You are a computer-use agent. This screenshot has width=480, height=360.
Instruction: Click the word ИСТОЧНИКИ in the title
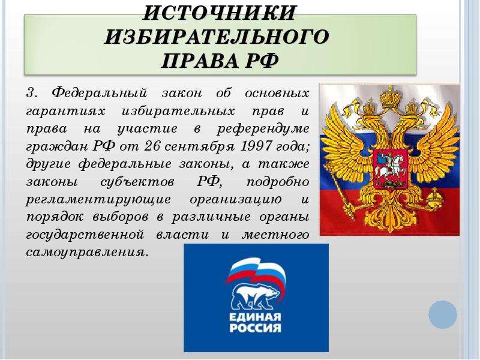coord(219,13)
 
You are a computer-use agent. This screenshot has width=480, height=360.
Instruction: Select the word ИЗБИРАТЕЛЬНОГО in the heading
coord(217,37)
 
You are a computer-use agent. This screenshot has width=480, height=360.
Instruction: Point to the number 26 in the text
coord(152,146)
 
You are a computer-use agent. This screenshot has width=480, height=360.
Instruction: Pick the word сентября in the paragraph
coord(200,147)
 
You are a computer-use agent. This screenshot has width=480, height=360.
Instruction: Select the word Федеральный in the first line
coord(100,93)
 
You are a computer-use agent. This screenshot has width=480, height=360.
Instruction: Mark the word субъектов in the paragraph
coord(137,182)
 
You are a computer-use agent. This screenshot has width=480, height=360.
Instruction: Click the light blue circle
coord(443,314)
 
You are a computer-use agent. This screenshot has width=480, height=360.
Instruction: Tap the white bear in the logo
coord(256,295)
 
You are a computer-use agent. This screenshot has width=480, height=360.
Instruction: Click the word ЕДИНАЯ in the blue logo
coord(255,317)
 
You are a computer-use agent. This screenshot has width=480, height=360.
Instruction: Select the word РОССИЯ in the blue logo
coord(255,328)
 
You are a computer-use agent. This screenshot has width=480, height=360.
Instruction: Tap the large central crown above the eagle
coord(390,97)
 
